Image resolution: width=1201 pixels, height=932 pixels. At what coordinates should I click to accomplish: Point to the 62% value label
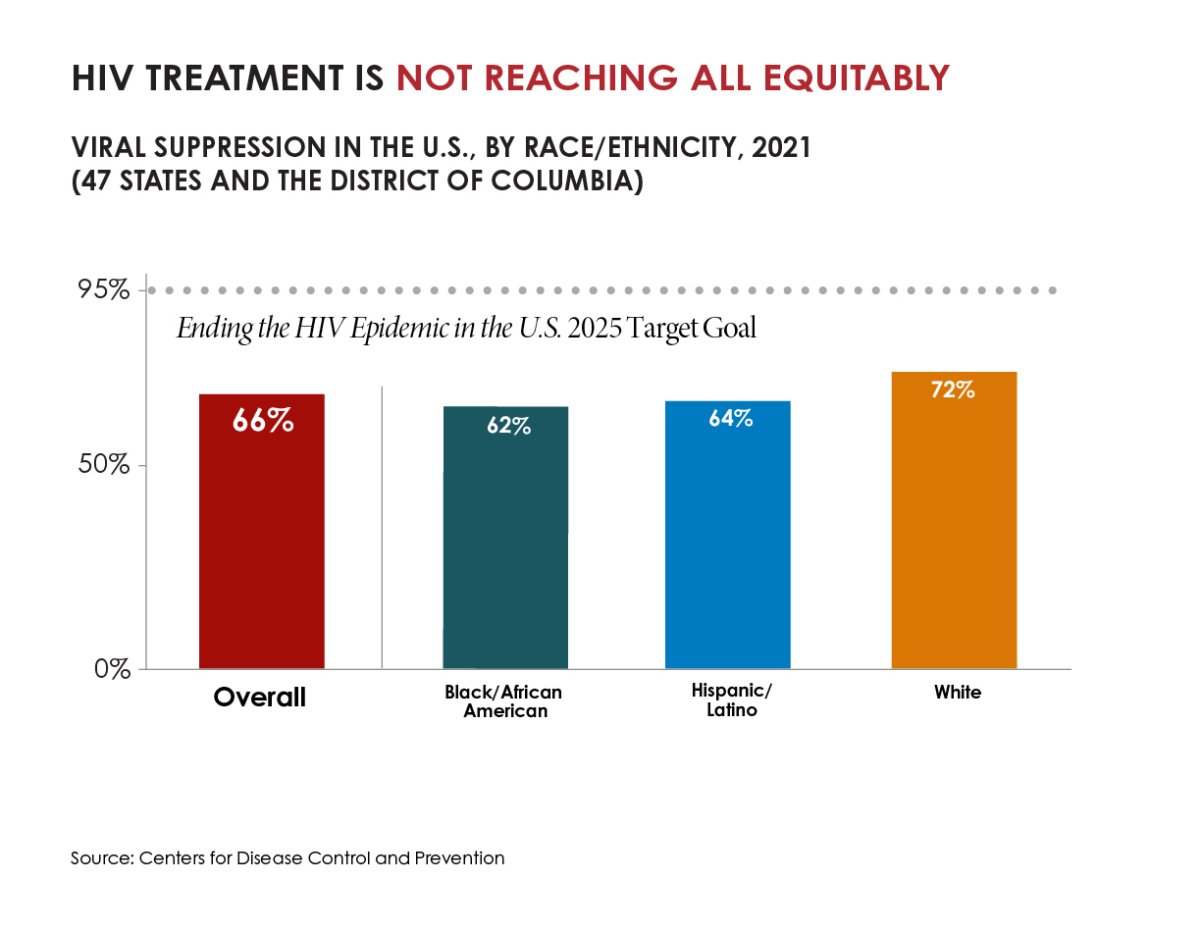click(x=507, y=426)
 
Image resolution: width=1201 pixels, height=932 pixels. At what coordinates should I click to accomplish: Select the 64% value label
click(x=730, y=418)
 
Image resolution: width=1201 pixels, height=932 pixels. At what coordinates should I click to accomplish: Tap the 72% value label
click(x=953, y=389)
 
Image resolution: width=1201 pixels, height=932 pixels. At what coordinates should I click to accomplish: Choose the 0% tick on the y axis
click(x=113, y=669)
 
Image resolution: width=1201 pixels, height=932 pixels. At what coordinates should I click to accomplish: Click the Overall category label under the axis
click(x=260, y=698)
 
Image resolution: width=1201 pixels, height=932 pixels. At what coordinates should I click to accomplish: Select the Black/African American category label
click(x=504, y=701)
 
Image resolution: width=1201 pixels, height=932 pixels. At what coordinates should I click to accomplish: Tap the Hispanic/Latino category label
click(x=732, y=700)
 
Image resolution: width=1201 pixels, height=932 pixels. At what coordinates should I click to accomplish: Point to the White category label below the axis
click(x=957, y=693)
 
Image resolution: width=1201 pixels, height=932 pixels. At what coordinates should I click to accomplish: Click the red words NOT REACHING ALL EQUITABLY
click(x=672, y=78)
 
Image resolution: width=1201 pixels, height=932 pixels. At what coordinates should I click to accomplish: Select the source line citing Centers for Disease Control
click(x=287, y=858)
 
